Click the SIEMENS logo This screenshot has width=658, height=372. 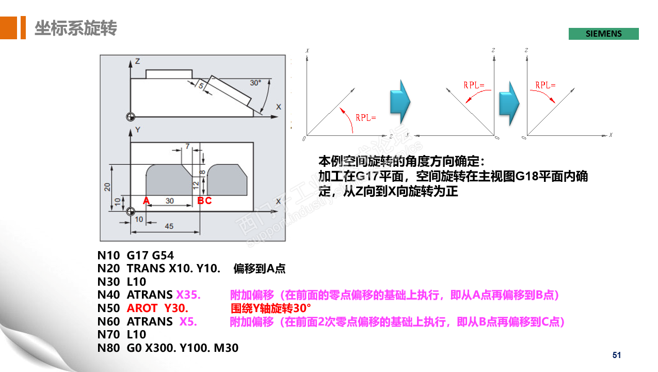(603, 34)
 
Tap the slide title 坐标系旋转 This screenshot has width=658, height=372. (76, 28)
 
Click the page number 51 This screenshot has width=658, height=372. (617, 355)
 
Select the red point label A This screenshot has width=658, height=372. (146, 200)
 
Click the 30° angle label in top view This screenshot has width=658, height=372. (255, 83)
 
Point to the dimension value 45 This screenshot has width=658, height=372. (169, 226)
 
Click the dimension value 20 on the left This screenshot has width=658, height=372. (107, 187)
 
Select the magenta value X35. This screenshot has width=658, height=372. (188, 295)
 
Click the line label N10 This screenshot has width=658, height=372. (108, 255)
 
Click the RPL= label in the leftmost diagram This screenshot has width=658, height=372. (365, 118)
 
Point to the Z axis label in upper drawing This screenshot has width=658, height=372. (137, 61)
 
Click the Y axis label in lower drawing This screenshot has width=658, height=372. (137, 129)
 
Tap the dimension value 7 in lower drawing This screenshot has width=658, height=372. (187, 146)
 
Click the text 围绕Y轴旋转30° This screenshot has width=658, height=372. (270, 308)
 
